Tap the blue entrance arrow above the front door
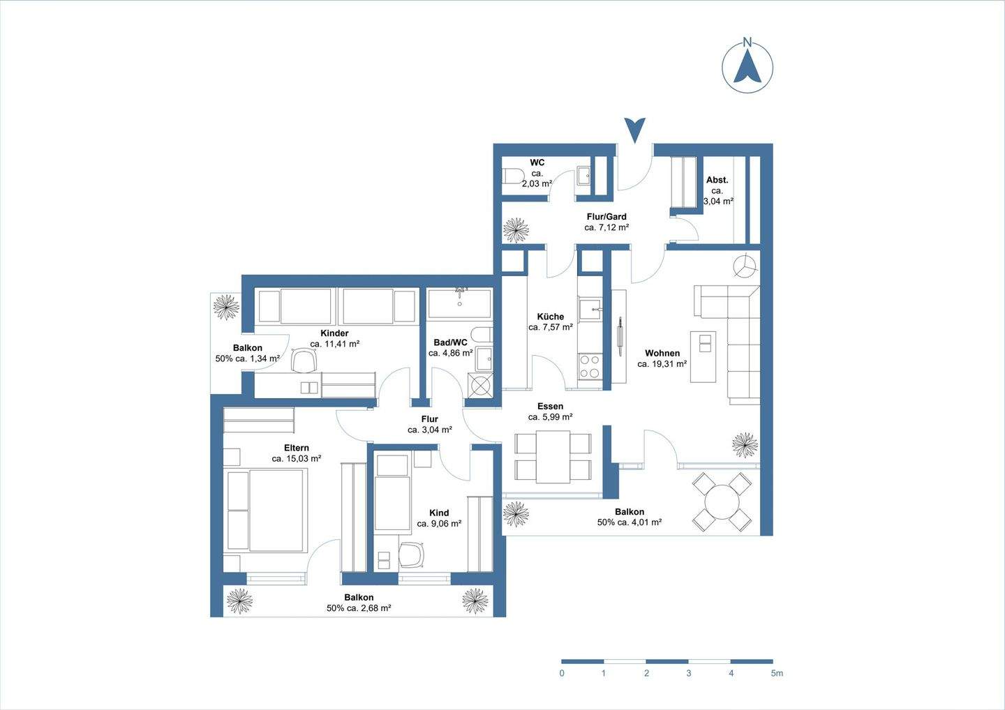pyautogui.click(x=635, y=130)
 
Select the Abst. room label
pyautogui.click(x=717, y=180)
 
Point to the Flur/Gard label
pyautogui.click(x=606, y=216)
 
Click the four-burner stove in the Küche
pyautogui.click(x=590, y=366)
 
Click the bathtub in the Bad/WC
pyautogui.click(x=459, y=303)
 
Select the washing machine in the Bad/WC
pyautogui.click(x=480, y=385)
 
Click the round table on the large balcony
pyautogui.click(x=722, y=502)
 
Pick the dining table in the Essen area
pyautogui.click(x=553, y=457)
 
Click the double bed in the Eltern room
pyautogui.click(x=266, y=510)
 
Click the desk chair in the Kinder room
pyautogui.click(x=304, y=361)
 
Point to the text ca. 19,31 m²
pyautogui.click(x=662, y=364)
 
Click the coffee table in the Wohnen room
pyautogui.click(x=703, y=357)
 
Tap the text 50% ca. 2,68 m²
pyautogui.click(x=359, y=608)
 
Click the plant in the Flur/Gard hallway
pyautogui.click(x=516, y=230)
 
